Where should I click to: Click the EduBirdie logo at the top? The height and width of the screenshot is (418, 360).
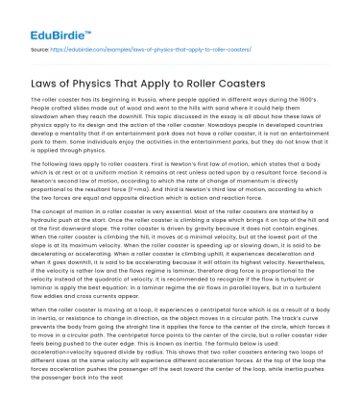tap(45, 19)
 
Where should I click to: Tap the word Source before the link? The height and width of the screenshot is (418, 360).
tap(38, 44)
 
